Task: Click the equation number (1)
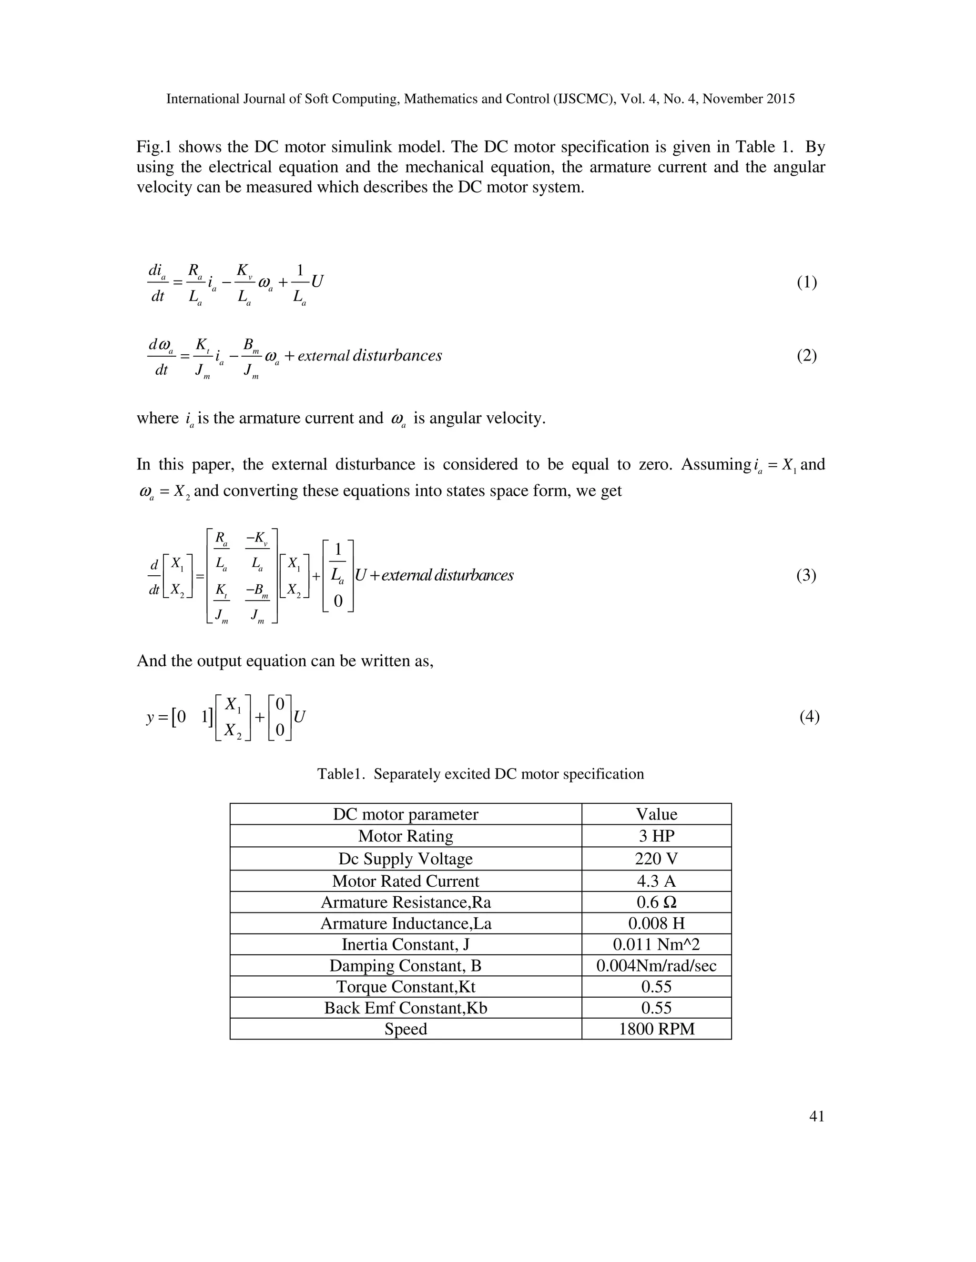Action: pos(807,282)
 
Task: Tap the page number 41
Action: pos(816,1116)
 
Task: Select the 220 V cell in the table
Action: pos(656,859)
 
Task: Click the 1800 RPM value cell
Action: pos(656,1029)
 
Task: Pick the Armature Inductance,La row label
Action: pos(406,923)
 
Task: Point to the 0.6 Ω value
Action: pos(656,902)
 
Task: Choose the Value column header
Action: pos(656,814)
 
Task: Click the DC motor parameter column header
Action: pos(406,814)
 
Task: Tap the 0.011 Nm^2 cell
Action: pos(656,945)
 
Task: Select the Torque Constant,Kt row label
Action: pos(406,987)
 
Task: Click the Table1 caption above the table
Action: pos(480,774)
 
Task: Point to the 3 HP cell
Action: pos(656,836)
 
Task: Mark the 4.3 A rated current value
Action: pos(656,881)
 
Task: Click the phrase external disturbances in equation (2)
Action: pos(370,355)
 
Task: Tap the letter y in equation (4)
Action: pos(150,718)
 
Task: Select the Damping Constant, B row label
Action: pos(406,966)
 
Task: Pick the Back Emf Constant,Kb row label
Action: pos(406,1008)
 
